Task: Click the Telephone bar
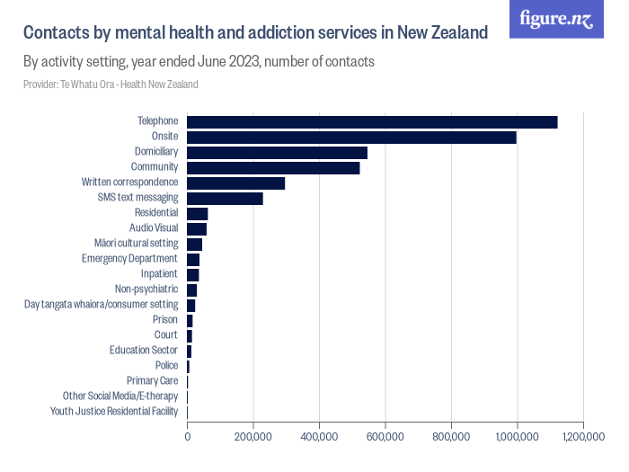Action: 372,122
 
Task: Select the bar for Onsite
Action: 351,138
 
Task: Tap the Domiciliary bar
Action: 277,153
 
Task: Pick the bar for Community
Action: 273,168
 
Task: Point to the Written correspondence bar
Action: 235,183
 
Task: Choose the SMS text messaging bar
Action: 225,199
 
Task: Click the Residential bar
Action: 197,214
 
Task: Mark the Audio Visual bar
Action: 197,229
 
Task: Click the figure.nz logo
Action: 557,20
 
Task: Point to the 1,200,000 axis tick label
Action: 583,437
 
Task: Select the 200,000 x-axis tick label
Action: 253,437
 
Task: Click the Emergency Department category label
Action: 129,259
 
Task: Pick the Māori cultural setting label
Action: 136,244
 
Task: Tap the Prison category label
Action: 165,320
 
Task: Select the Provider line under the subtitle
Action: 111,85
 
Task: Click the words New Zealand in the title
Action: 440,33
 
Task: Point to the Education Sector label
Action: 144,351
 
